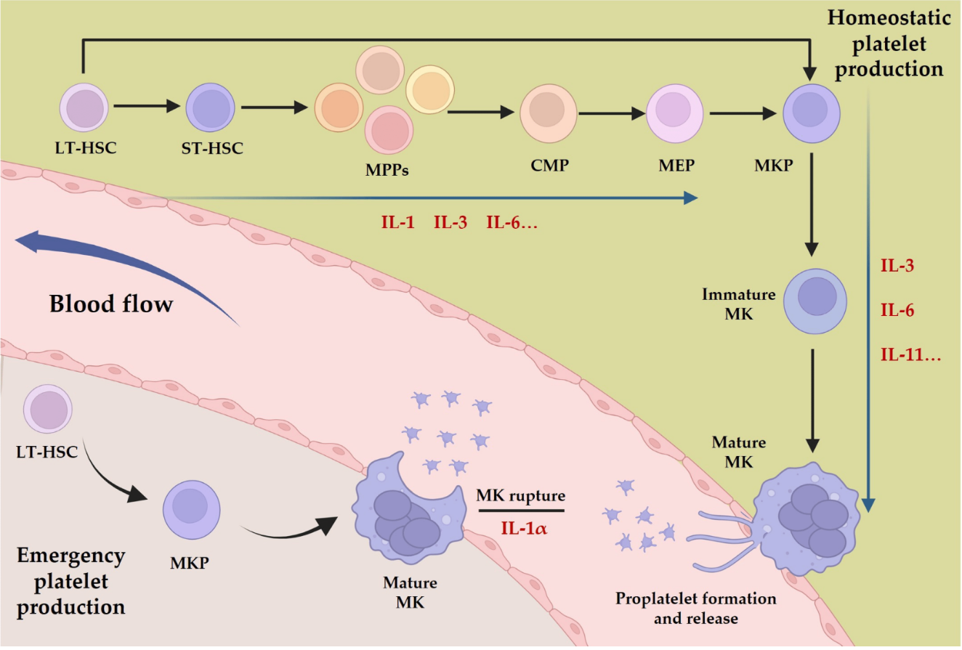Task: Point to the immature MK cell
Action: [812, 300]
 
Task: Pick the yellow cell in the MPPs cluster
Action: [429, 89]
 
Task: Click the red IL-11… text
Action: [911, 356]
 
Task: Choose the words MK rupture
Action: [520, 497]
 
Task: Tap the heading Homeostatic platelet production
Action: [888, 44]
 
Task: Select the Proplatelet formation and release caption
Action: [696, 609]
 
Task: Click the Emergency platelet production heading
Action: [71, 581]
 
